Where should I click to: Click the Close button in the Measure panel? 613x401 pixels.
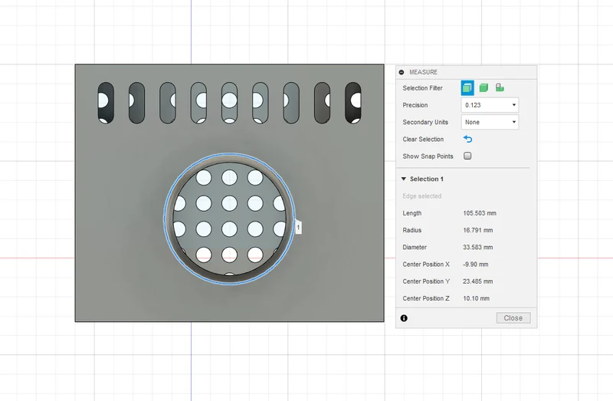coord(513,318)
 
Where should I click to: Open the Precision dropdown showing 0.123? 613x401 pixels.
coord(490,105)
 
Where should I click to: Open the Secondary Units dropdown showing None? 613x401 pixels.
coord(490,122)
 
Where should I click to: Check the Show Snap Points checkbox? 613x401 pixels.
coord(467,156)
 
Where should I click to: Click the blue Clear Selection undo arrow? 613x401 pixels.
coord(467,139)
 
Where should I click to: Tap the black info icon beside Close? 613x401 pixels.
coord(404,318)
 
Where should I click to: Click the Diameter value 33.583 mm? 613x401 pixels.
coord(477,247)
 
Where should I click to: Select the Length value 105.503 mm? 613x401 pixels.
coord(480,213)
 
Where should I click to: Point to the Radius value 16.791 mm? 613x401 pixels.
coord(477,230)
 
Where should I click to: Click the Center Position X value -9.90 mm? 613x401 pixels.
coord(475,265)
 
